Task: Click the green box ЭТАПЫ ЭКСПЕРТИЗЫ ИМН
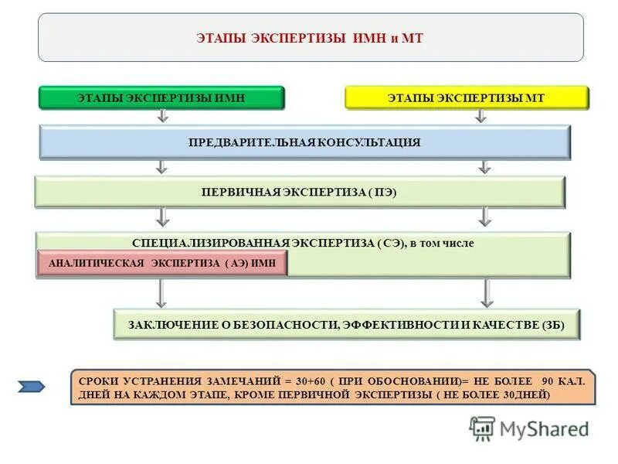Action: tap(162, 97)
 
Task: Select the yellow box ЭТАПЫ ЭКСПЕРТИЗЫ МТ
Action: tap(466, 97)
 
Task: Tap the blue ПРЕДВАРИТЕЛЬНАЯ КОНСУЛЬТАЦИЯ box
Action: tap(304, 142)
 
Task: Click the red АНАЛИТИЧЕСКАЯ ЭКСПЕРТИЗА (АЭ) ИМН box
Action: tap(161, 264)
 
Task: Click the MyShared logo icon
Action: tap(482, 428)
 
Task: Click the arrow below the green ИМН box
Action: tap(162, 116)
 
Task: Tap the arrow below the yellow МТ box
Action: tap(480, 116)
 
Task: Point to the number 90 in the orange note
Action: tap(546, 381)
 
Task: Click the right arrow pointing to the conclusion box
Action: tap(486, 292)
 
